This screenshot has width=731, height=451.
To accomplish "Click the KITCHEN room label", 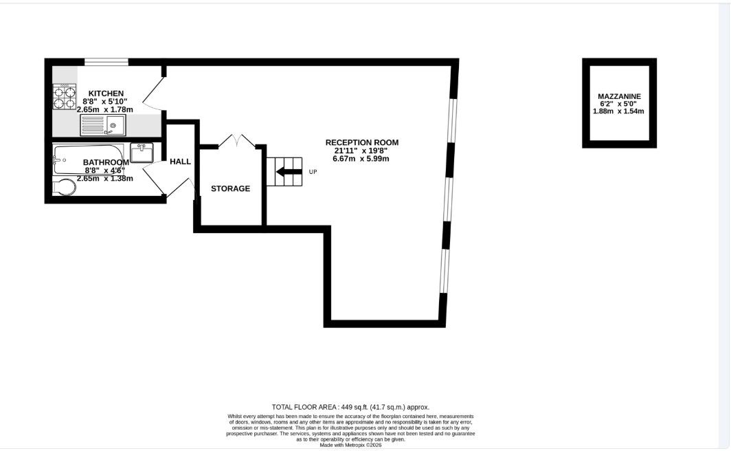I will [105, 93].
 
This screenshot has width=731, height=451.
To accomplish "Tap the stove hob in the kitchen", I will [64, 97].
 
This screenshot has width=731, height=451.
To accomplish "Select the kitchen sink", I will [103, 125].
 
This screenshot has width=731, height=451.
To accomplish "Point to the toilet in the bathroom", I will [63, 187].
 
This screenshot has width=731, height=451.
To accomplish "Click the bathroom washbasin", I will [142, 152].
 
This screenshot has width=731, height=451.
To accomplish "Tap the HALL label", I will [180, 162].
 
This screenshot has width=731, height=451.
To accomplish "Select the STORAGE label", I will [230, 188].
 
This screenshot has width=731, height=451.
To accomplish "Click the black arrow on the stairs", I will [289, 172].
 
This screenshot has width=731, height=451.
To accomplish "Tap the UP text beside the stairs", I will [313, 172].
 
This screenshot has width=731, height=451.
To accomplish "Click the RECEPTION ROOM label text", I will [361, 142].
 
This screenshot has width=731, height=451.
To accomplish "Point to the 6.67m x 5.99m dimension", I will [361, 159].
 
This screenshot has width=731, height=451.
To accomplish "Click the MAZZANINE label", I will [620, 96].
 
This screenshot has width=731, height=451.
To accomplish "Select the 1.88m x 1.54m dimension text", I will [620, 111].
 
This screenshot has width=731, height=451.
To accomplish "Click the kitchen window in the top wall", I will [106, 63].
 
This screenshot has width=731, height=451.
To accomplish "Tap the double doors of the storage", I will [237, 141].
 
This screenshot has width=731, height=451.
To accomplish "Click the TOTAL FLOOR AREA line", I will [350, 407].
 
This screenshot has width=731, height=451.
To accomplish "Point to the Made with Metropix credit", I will [350, 445].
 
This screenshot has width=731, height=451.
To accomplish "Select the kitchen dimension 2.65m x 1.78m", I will [105, 109].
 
